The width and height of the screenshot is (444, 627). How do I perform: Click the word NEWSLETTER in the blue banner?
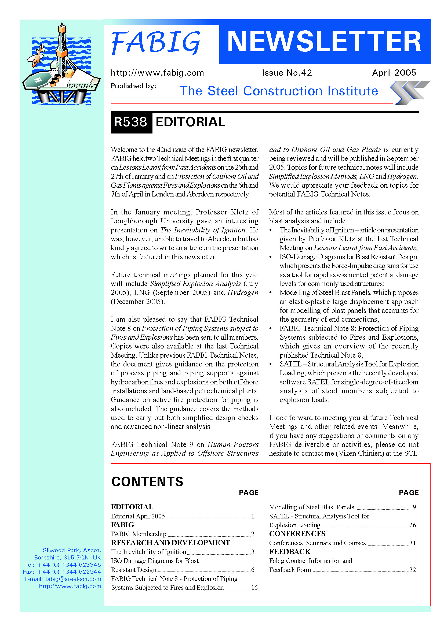coord(324,42)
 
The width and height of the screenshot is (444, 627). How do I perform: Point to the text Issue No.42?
coord(287,73)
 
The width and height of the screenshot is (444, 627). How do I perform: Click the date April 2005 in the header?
coord(394,73)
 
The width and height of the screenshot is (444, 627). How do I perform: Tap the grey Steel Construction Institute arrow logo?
coord(409,92)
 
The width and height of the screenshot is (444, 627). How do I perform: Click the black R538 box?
coord(131,122)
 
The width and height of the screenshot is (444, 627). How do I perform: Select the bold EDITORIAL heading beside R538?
coord(190,122)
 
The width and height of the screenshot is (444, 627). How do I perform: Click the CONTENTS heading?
coord(147,481)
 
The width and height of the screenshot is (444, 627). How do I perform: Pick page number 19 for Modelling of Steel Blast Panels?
coord(412,507)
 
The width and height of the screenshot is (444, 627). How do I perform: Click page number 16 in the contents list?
coord(254,588)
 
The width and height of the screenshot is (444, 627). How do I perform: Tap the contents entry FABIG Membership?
coord(139,534)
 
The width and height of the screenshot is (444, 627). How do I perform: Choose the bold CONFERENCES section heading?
coord(297,534)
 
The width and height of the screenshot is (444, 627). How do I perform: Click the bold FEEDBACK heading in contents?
coord(290,552)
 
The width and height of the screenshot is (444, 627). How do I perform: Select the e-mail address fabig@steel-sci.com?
coord(73,579)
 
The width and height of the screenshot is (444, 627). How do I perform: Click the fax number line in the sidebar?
coord(62,572)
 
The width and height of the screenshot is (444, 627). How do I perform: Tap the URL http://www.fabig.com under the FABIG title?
coord(157,73)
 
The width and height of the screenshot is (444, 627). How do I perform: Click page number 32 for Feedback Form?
coord(412,570)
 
